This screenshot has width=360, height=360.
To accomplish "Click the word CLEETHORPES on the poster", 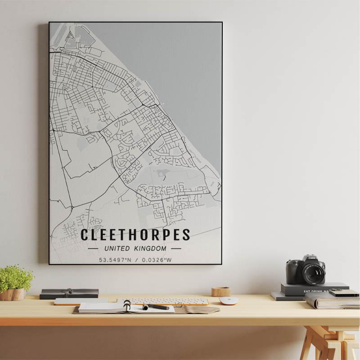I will (135, 235).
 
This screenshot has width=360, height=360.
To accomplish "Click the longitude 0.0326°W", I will (157, 260).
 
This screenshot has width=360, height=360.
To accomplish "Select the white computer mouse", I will (228, 301).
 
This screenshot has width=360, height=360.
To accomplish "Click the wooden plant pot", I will (13, 294).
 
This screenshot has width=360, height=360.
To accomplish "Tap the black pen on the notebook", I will (156, 307).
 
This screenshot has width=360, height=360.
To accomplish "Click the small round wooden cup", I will (221, 292).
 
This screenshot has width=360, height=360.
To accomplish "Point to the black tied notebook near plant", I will (69, 293).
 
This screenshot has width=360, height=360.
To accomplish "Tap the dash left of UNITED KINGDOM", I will (93, 248).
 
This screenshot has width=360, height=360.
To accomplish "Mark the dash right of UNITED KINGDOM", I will (176, 248).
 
